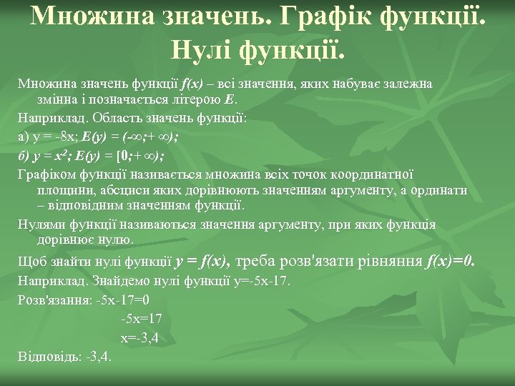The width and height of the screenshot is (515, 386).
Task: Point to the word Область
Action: click(111, 117)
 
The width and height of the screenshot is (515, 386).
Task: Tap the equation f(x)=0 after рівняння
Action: click(449, 262)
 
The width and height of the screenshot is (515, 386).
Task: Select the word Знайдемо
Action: click(117, 281)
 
